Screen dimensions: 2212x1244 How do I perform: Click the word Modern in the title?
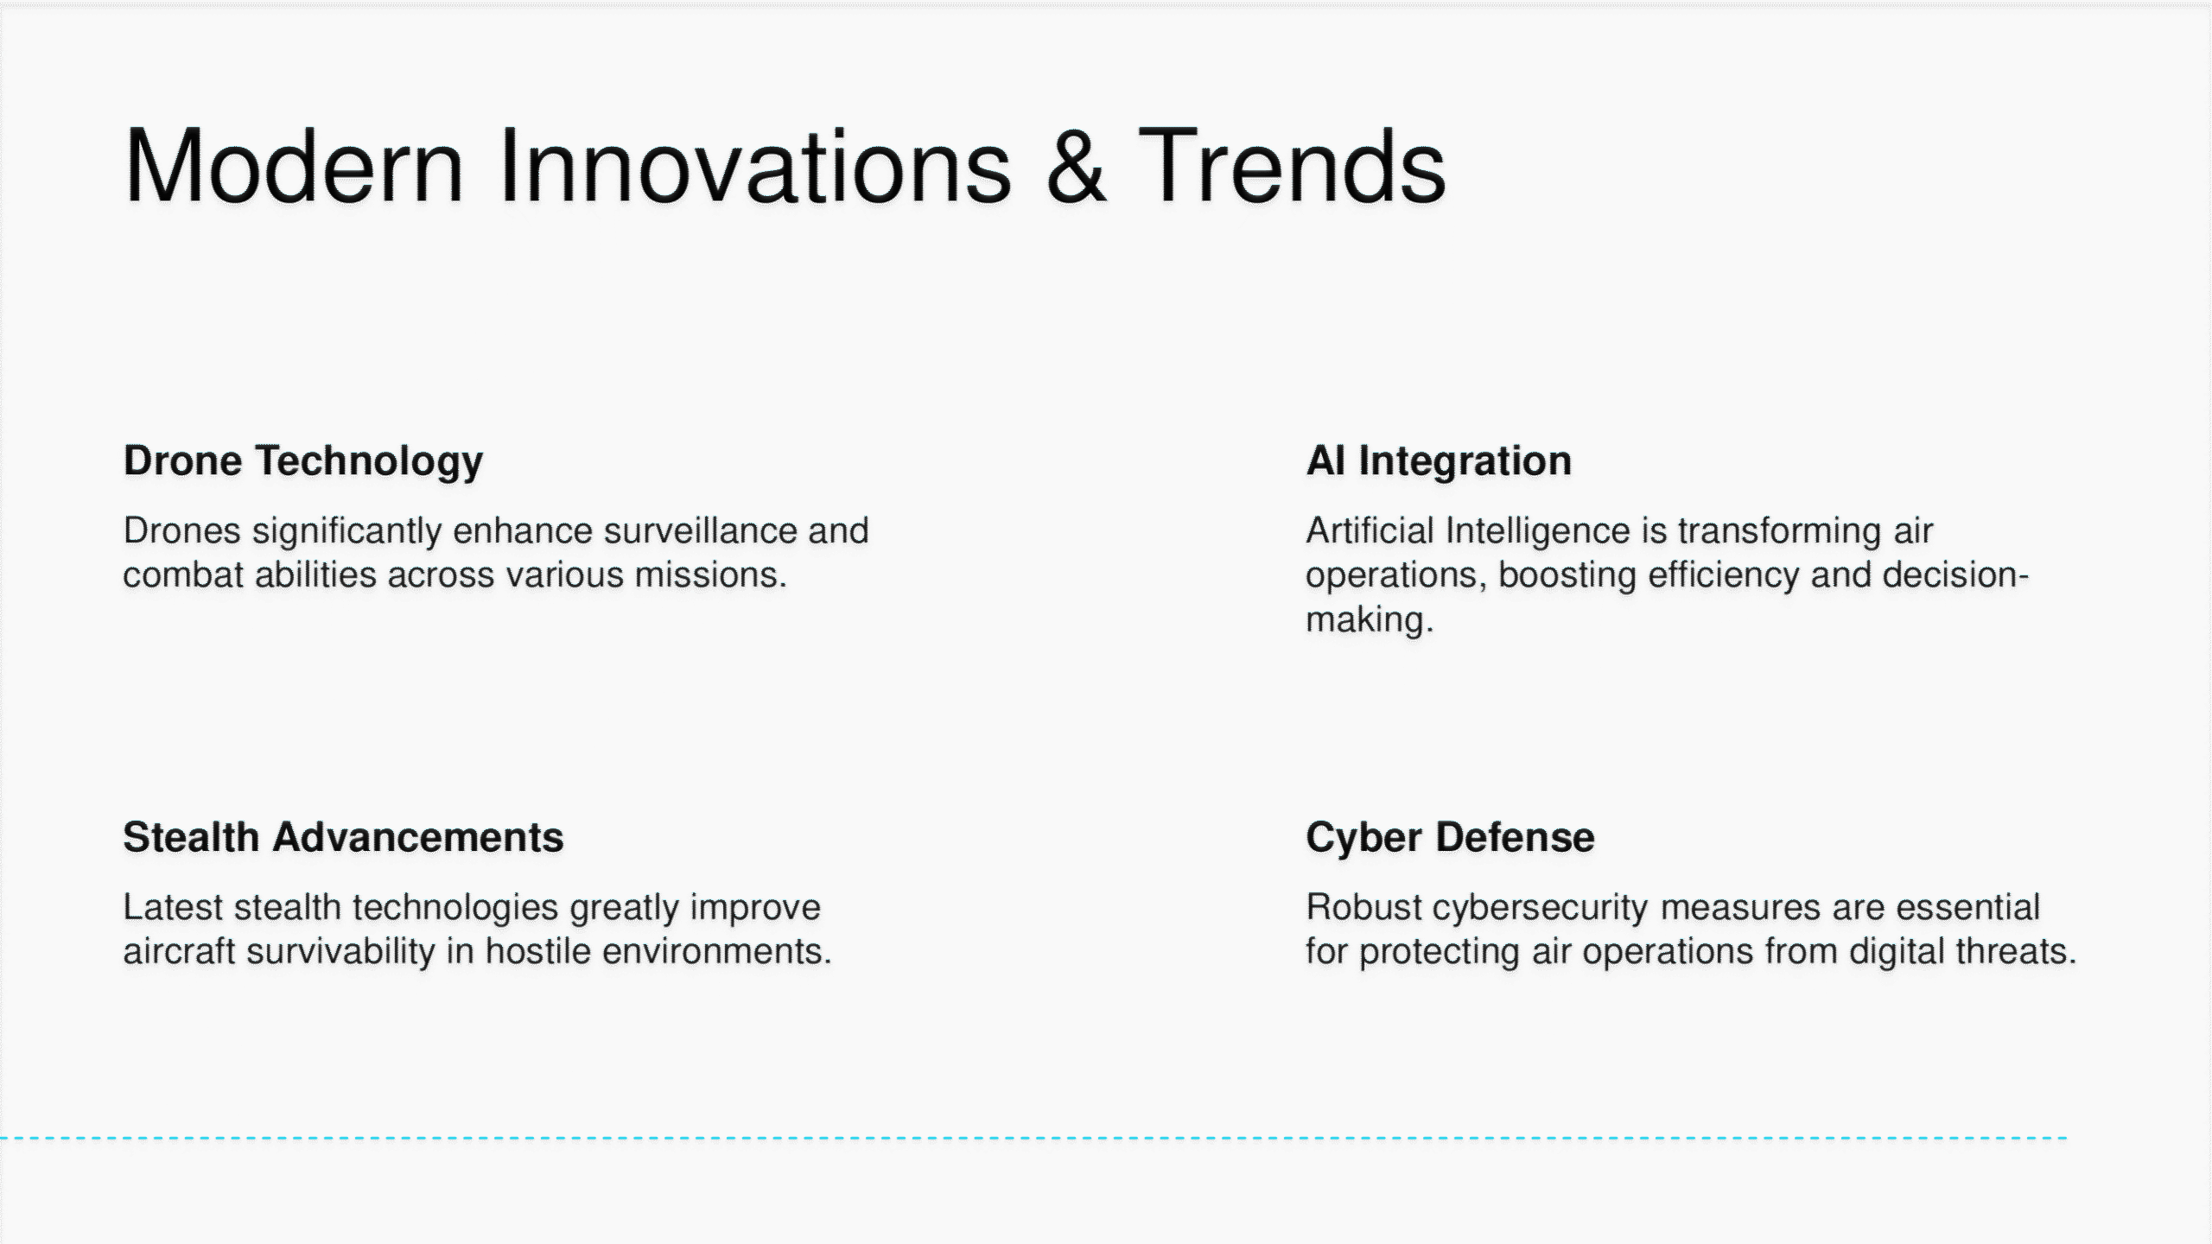[x=294, y=165]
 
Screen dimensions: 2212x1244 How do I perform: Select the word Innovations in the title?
[x=754, y=165]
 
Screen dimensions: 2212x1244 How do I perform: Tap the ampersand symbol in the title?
[x=1076, y=165]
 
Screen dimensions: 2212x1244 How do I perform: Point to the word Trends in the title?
[x=1292, y=165]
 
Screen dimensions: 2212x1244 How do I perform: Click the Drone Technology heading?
[x=303, y=461]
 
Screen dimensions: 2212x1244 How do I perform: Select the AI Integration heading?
[x=1439, y=460]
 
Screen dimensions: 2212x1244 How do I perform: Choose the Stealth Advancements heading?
[x=343, y=837]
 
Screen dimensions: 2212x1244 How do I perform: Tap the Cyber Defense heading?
[x=1450, y=838]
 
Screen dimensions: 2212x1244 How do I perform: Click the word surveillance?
[x=701, y=530]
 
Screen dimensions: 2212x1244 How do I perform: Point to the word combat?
[x=184, y=574]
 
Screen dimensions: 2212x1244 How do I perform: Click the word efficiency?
[x=1724, y=575]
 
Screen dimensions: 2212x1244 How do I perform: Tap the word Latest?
[x=173, y=907]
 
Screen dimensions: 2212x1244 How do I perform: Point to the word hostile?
[x=537, y=951]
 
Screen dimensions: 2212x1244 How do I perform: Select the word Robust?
[x=1363, y=907]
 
